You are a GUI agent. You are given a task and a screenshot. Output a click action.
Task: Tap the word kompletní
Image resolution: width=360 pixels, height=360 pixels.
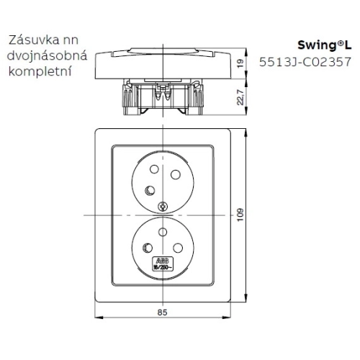click(x=40, y=73)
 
